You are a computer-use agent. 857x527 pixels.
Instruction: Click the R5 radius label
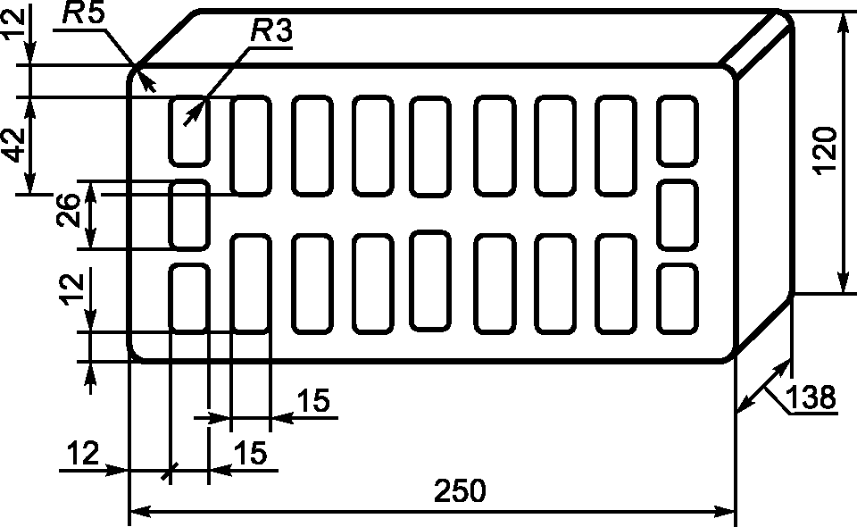83,13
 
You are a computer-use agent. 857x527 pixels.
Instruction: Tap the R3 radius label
271,31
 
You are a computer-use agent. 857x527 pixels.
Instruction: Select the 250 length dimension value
460,490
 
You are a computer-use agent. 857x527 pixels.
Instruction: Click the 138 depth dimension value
811,397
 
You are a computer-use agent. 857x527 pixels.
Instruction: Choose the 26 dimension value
69,211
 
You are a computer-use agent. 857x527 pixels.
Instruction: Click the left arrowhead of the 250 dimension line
140,512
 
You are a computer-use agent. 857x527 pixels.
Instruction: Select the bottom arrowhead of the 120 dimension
841,282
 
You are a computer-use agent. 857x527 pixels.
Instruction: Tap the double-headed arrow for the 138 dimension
764,385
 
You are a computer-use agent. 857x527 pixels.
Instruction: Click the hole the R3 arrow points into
189,130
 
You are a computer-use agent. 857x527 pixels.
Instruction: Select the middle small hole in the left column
189,215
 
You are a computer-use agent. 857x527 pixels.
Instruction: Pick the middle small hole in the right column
678,215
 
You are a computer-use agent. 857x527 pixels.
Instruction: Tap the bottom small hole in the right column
678,299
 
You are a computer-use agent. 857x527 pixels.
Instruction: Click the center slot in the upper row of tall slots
430,146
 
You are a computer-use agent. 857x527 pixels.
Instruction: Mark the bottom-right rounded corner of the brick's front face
728,356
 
